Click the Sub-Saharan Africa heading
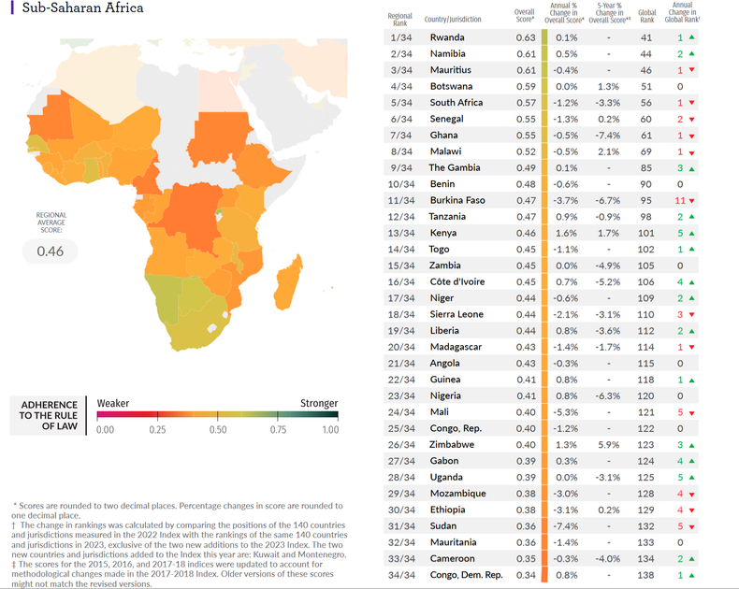(x=76, y=8)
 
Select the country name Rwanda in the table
(x=446, y=37)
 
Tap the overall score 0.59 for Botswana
(x=526, y=86)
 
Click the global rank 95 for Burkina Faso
(x=646, y=200)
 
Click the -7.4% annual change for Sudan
(x=566, y=525)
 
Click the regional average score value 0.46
(x=50, y=251)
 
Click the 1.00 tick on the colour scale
(x=329, y=429)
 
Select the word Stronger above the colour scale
(x=318, y=403)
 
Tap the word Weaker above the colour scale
(x=113, y=403)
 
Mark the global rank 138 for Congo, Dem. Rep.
(x=646, y=574)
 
